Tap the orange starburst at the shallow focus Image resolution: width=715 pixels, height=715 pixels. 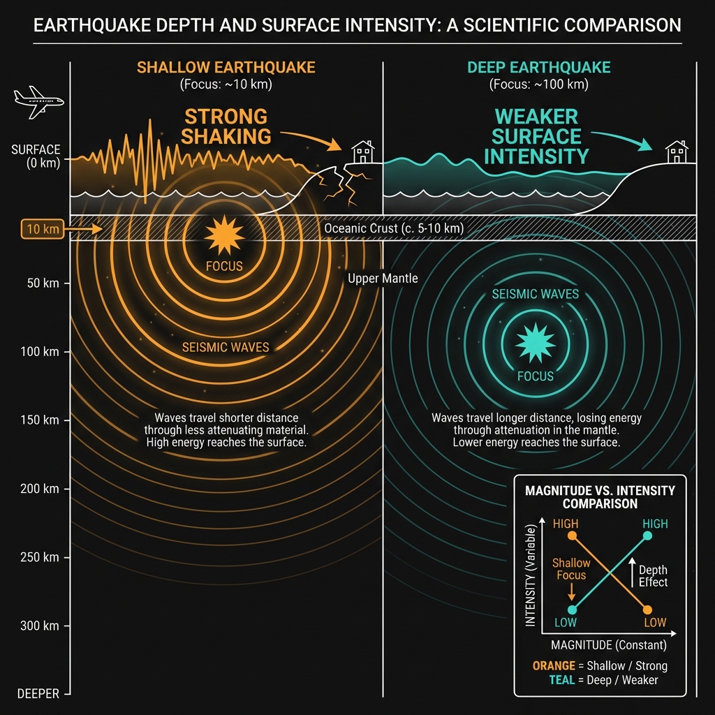223,235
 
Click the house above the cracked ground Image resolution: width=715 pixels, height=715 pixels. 362,152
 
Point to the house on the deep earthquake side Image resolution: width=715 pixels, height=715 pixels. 676,152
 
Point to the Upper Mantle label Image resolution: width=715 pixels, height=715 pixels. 383,279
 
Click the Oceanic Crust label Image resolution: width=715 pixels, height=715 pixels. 395,228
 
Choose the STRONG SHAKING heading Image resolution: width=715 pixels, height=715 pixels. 225,126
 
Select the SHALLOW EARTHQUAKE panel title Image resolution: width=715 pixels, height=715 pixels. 226,68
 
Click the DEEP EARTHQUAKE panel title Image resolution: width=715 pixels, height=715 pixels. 538,68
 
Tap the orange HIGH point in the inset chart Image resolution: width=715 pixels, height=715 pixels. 572,536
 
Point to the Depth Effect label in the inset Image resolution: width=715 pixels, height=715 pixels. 654,576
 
